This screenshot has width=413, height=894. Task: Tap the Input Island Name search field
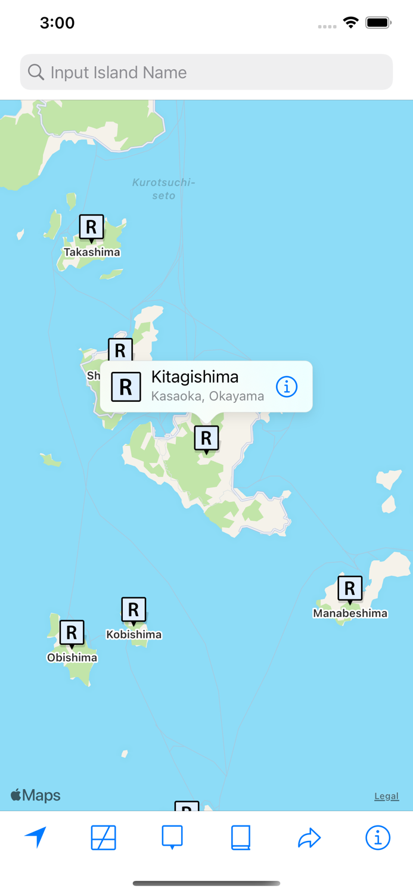point(206,72)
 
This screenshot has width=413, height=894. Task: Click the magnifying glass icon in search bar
point(36,72)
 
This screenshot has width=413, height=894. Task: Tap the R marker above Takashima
point(91,227)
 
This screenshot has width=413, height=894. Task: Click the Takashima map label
point(92,252)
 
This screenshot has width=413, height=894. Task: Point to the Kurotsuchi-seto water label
point(163,189)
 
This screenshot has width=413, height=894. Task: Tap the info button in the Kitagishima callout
point(287,387)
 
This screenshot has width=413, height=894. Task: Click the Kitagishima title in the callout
point(195,377)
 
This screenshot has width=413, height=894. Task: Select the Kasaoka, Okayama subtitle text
point(207,396)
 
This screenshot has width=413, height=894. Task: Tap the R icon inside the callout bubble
point(126,387)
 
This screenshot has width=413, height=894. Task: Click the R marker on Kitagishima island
point(206,439)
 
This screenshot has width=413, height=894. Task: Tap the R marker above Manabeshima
point(350,589)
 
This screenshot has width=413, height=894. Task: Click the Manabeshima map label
point(350,613)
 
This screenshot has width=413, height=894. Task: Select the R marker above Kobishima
point(133,610)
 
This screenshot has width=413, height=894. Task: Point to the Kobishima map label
point(133,635)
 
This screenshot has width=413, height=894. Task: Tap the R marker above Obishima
point(72,632)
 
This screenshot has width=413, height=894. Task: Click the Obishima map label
point(72,658)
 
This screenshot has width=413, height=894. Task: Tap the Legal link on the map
point(386,796)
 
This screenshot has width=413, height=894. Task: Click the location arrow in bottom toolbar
point(36,837)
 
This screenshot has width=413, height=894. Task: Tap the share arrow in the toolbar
point(309,838)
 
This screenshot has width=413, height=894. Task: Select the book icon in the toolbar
point(240,837)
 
